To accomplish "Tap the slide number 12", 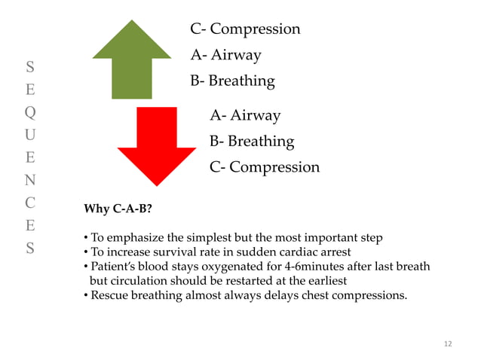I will coord(448,344).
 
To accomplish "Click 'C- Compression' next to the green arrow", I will coord(245,29).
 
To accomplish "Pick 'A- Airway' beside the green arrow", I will coord(225,55).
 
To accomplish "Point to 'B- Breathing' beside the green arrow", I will coord(232,81).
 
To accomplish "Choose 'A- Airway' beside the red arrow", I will coord(245,116).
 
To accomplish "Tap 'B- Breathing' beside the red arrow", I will coord(252,142).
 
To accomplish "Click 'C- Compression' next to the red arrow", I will coord(265,167).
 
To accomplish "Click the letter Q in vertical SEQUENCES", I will coord(29,112).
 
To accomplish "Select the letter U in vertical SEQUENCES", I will coord(29,135).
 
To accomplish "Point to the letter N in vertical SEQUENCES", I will coord(29,180).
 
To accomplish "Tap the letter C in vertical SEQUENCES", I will coord(29,203).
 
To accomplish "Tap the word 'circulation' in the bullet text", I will coord(140,281).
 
